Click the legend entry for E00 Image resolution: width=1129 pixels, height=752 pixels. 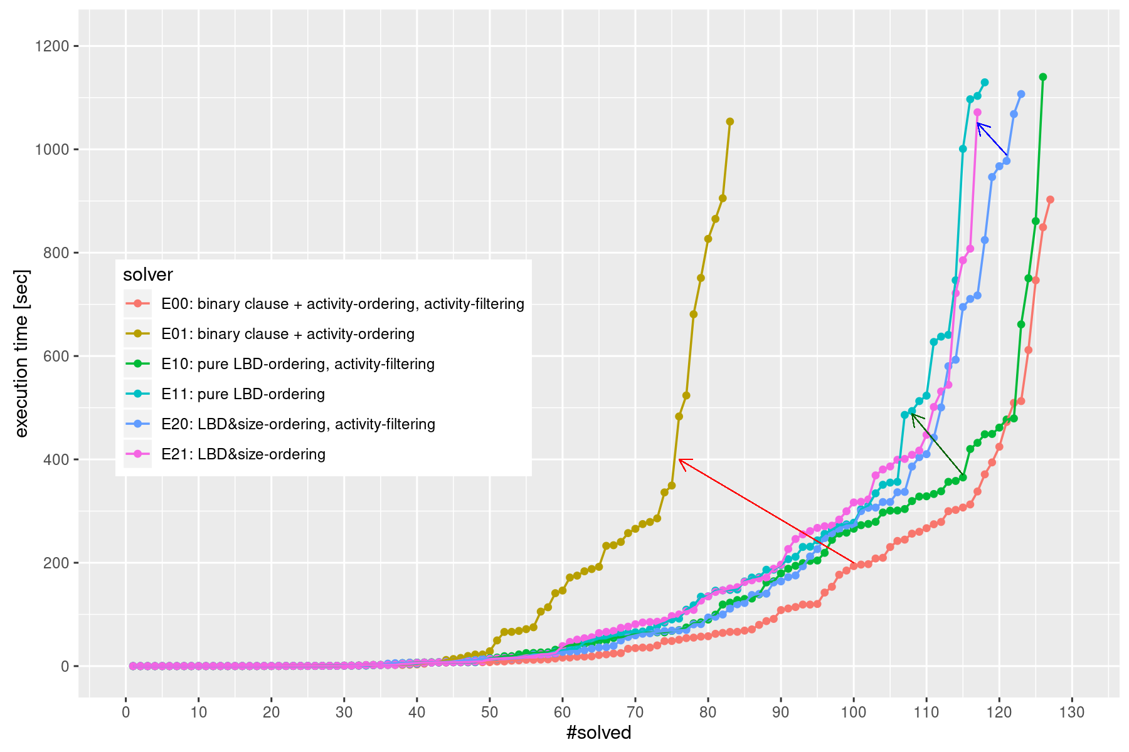pyautogui.click(x=342, y=304)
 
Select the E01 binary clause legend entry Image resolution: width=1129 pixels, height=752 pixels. pyautogui.click(x=287, y=334)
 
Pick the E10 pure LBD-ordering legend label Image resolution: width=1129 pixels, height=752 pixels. pyautogui.click(x=297, y=364)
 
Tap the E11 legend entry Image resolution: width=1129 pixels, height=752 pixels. pyautogui.click(x=243, y=394)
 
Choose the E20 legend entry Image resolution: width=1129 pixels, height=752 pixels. pyautogui.click(x=298, y=424)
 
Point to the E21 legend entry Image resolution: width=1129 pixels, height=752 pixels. pyautogui.click(x=243, y=454)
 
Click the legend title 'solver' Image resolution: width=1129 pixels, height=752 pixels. pyautogui.click(x=148, y=274)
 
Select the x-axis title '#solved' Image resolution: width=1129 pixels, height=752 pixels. pyautogui.click(x=598, y=733)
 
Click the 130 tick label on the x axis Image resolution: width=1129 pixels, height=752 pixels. pyautogui.click(x=1072, y=713)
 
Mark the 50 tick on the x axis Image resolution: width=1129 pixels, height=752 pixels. pyautogui.click(x=490, y=713)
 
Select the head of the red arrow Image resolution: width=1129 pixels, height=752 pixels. pyautogui.click(x=680, y=460)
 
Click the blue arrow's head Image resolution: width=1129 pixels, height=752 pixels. pyautogui.click(x=978, y=123)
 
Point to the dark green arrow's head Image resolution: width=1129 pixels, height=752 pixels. pyautogui.click(x=912, y=414)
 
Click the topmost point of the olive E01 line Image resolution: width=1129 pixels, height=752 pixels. pyautogui.click(x=729, y=122)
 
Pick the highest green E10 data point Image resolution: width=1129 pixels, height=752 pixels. pyautogui.click(x=1043, y=77)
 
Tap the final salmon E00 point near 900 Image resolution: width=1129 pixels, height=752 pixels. pyautogui.click(x=1051, y=200)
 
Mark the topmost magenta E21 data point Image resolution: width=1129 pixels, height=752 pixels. pyautogui.click(x=977, y=112)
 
